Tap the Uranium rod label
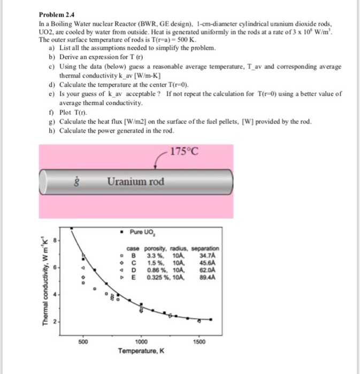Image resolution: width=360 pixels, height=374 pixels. [x=135, y=182]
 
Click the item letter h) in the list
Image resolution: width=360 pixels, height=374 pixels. [x=51, y=130]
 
